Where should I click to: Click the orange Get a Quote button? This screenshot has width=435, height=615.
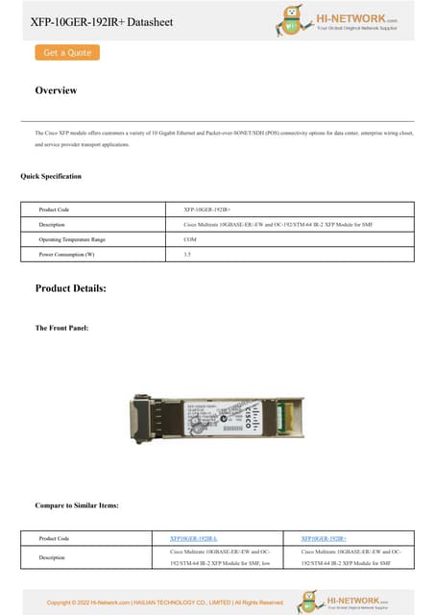tap(67, 53)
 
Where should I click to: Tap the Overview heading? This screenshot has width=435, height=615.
tap(56, 90)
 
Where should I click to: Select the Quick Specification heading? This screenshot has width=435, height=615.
tap(51, 176)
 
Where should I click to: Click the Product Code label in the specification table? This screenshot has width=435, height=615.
tap(54, 209)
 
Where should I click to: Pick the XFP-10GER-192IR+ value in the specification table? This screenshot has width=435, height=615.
tap(205, 209)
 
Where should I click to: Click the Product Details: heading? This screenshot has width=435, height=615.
tap(71, 288)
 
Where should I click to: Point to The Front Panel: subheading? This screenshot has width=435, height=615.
tap(61, 329)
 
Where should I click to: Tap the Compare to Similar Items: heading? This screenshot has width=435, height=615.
tap(77, 504)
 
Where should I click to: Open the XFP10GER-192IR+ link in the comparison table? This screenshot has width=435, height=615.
tap(324, 538)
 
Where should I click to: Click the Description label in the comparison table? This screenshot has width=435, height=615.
tap(52, 556)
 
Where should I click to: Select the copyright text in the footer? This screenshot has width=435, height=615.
tap(165, 603)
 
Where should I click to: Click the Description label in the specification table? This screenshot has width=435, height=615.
tap(52, 224)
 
